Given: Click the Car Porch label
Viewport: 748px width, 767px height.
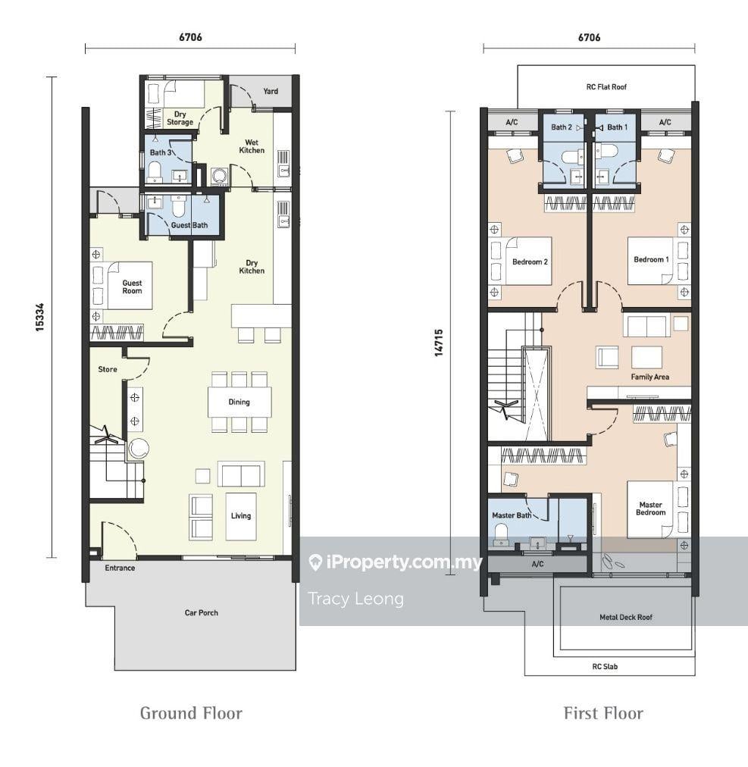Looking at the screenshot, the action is (x=201, y=612).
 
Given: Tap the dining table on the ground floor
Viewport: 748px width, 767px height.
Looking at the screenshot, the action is (x=239, y=402).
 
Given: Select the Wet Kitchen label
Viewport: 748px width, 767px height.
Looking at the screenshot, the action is (x=252, y=146).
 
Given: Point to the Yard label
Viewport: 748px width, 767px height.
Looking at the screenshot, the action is (x=271, y=91).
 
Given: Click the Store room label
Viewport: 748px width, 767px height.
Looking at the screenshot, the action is (x=107, y=369).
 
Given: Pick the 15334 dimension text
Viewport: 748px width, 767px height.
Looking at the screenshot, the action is (x=39, y=317).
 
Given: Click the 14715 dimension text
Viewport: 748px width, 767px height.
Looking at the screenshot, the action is (x=439, y=343).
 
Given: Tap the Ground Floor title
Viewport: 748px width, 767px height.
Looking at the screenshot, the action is (x=191, y=713).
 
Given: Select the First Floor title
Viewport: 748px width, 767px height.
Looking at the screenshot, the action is (x=603, y=713).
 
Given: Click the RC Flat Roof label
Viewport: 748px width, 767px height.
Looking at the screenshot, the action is (x=606, y=86).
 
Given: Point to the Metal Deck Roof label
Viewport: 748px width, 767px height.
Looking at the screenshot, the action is (x=626, y=618).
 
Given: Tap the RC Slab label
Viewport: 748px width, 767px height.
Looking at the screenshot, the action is (x=605, y=666).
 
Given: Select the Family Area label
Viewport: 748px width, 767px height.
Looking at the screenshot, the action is (x=649, y=377).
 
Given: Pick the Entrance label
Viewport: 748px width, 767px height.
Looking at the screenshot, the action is (x=120, y=568).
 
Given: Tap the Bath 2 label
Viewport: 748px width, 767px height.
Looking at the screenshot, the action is (x=562, y=127).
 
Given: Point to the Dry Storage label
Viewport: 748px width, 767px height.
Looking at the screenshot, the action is (x=180, y=118).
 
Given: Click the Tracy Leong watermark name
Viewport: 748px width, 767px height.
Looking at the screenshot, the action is (x=355, y=599).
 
